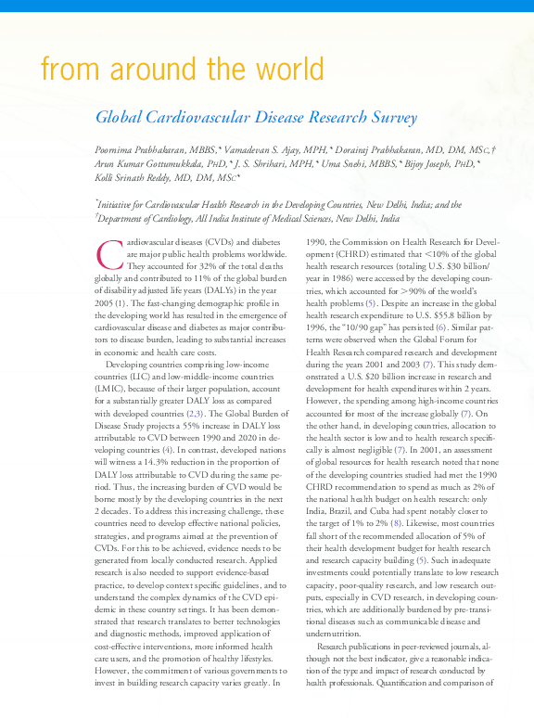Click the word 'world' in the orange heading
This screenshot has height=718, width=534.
pyautogui.click(x=283, y=70)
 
